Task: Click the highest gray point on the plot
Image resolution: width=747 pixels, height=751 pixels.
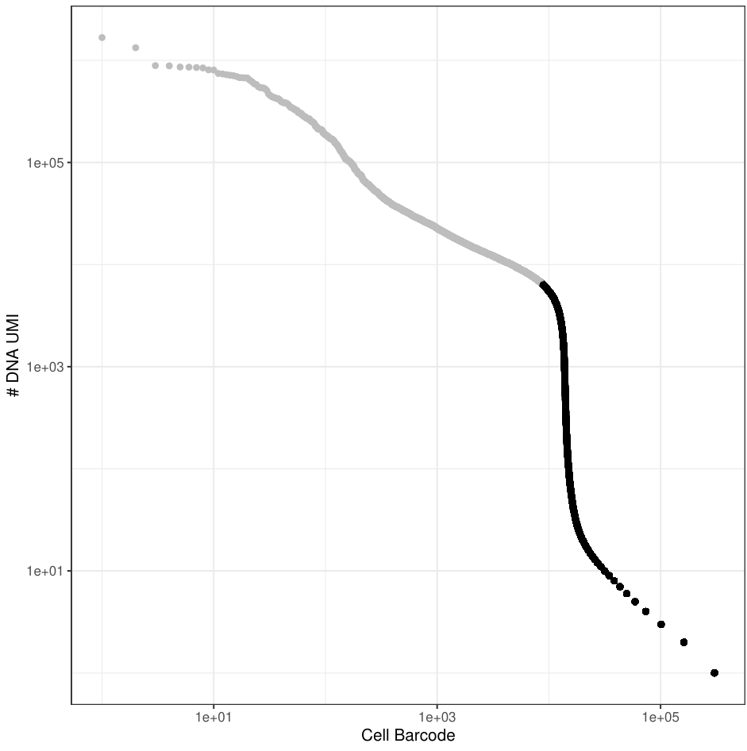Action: (x=102, y=37)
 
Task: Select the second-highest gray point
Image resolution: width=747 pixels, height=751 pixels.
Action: (x=136, y=48)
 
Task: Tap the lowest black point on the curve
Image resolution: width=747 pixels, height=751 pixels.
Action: (x=714, y=672)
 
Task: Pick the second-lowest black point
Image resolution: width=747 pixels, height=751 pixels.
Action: (x=683, y=641)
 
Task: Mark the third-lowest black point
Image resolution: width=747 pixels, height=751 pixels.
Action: (x=661, y=624)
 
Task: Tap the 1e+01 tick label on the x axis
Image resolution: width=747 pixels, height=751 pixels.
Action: (x=214, y=718)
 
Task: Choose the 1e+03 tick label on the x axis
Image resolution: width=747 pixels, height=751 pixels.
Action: (x=437, y=718)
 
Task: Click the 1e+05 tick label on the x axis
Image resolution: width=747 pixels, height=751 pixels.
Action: (x=660, y=718)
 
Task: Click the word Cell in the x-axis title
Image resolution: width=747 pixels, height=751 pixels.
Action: (x=374, y=736)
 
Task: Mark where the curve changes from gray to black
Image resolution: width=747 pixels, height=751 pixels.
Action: (x=542, y=283)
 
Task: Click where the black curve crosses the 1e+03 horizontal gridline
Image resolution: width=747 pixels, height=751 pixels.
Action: (x=565, y=367)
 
